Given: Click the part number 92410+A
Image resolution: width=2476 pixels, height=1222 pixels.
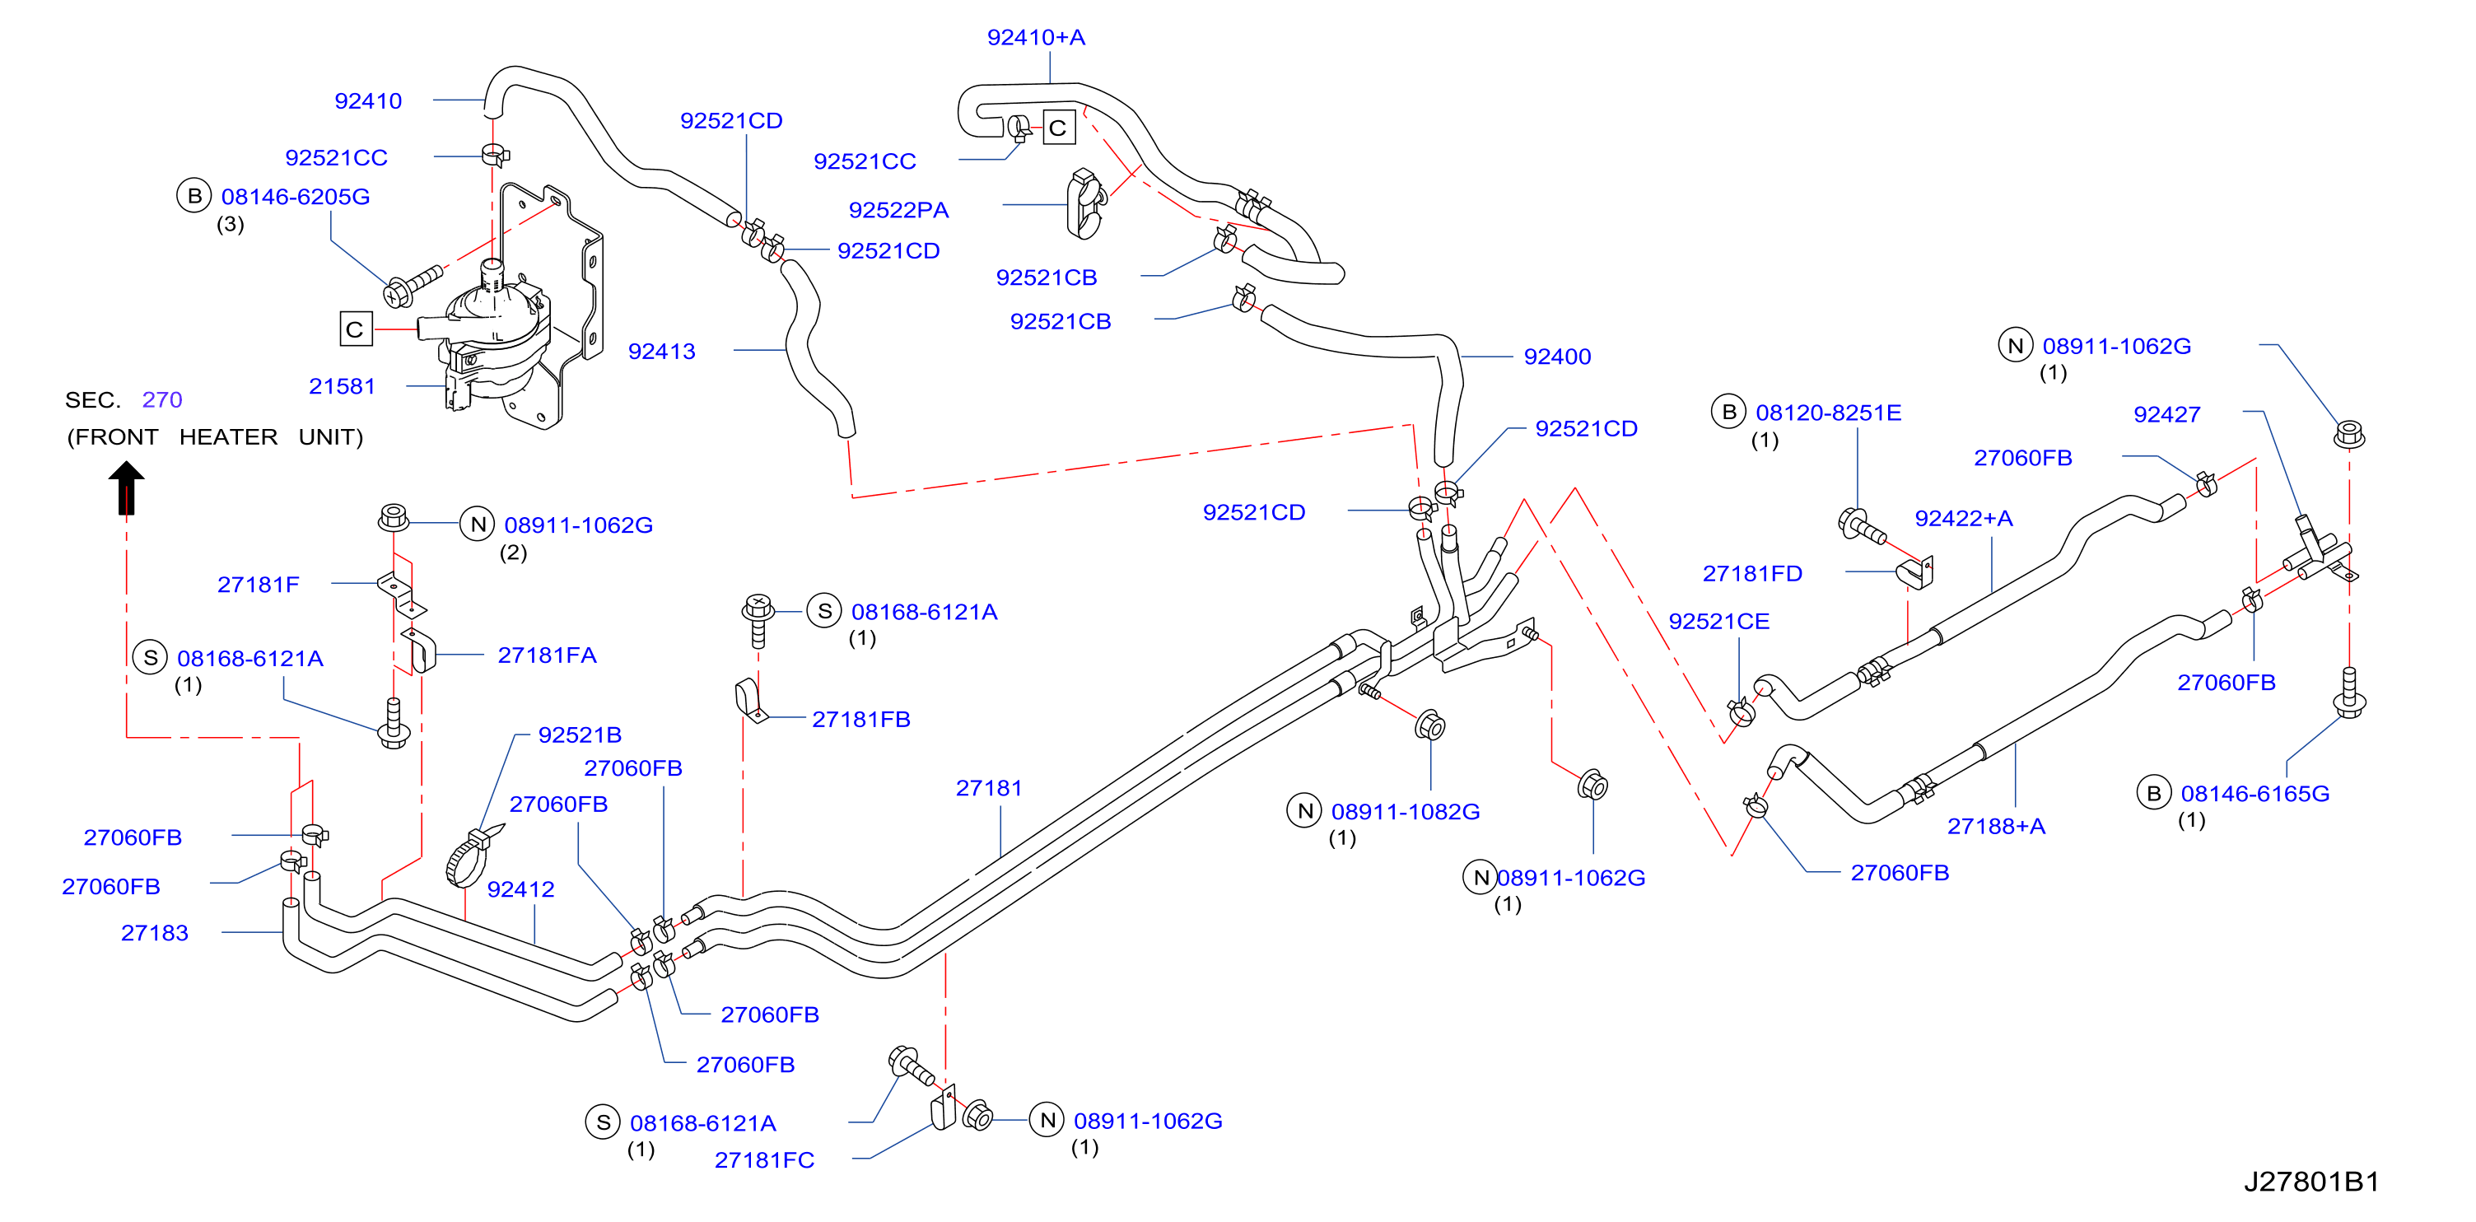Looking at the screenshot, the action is coord(1035,38).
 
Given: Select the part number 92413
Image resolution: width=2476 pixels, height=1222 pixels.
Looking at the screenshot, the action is coord(661,352).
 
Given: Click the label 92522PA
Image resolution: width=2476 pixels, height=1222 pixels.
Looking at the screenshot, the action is coord(898,211).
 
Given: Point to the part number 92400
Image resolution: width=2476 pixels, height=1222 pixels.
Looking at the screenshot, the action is coord(1557,357).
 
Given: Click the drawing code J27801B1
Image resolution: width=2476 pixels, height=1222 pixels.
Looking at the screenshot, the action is coord(2310,1182).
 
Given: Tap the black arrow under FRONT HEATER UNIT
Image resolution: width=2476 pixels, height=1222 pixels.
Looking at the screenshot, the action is coord(126,487).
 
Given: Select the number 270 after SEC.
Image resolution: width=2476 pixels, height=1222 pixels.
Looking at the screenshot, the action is coord(161,400).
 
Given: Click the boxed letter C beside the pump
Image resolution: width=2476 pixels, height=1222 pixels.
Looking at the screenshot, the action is coord(356,329).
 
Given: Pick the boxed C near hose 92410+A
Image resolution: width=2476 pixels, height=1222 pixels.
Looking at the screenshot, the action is coord(1058,128).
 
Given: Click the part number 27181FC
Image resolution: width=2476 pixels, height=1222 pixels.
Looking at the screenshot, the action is coord(764,1160).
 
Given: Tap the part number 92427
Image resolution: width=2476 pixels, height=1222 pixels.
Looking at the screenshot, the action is coord(2166,414).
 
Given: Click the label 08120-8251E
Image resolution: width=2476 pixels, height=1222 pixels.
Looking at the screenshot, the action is coord(1828,413).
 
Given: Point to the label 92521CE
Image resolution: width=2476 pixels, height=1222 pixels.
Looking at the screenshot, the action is coord(1718,621).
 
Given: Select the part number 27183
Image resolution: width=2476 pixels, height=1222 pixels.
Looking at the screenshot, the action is coord(155,933).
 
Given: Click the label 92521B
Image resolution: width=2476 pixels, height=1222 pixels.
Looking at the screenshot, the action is coord(580,735).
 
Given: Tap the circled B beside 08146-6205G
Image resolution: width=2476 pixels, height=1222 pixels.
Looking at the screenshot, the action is coord(194,195).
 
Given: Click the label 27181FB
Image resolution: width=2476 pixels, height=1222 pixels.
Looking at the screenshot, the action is coord(861,719).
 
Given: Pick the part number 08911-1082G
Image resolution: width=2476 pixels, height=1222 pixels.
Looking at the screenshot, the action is coord(1406,811).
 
